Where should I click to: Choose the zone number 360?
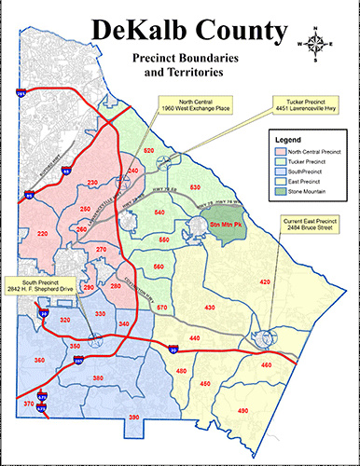[x=39, y=359]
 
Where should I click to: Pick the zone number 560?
[x=159, y=267]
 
